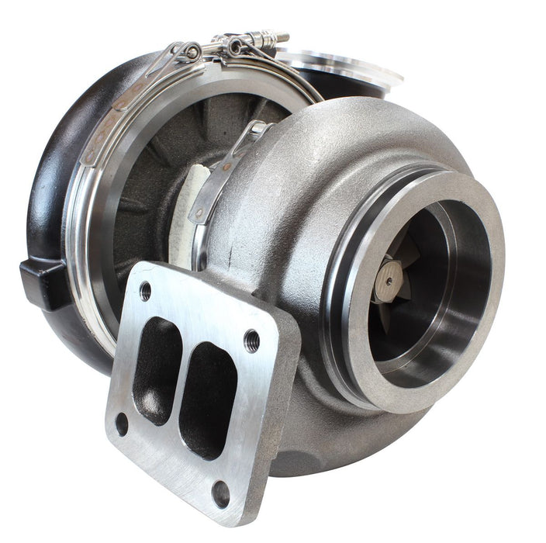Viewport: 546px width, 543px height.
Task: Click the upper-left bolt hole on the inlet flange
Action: [145, 291]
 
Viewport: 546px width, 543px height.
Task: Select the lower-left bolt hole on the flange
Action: [122, 424]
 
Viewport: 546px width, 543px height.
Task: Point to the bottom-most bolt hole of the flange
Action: [221, 493]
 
